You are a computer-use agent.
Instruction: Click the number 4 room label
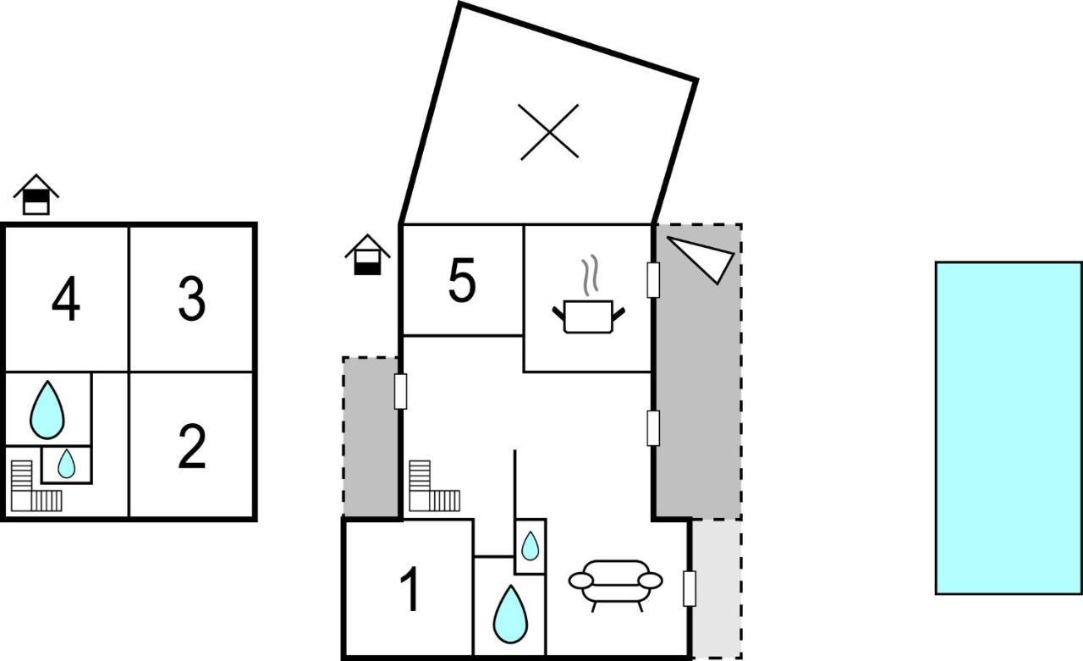pyautogui.click(x=66, y=299)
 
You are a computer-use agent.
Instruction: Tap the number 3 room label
pyautogui.click(x=192, y=299)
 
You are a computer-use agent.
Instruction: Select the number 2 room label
pyautogui.click(x=192, y=446)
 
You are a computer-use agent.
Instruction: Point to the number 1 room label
pyautogui.click(x=411, y=589)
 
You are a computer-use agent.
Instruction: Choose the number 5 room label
pyautogui.click(x=462, y=280)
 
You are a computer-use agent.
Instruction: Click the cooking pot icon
pyautogui.click(x=588, y=317)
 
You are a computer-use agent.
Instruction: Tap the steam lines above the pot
pyautogui.click(x=590, y=275)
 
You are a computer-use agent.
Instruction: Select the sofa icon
pyautogui.click(x=615, y=586)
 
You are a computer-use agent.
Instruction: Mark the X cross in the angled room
pyautogui.click(x=549, y=131)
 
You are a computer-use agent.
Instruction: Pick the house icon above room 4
pyautogui.click(x=36, y=195)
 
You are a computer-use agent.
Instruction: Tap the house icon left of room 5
pyautogui.click(x=367, y=255)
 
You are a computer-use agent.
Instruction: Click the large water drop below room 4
pyautogui.click(x=47, y=410)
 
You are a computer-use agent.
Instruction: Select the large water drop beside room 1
pyautogui.click(x=510, y=614)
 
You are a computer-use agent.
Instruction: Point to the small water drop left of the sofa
pyautogui.click(x=531, y=546)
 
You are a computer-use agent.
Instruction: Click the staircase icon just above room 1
pyautogui.click(x=434, y=486)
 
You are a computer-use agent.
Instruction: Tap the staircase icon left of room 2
pyautogui.click(x=36, y=486)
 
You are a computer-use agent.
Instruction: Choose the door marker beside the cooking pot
pyautogui.click(x=653, y=280)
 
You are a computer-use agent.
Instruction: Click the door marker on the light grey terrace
pyautogui.click(x=690, y=588)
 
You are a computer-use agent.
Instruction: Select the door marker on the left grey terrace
pyautogui.click(x=400, y=391)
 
